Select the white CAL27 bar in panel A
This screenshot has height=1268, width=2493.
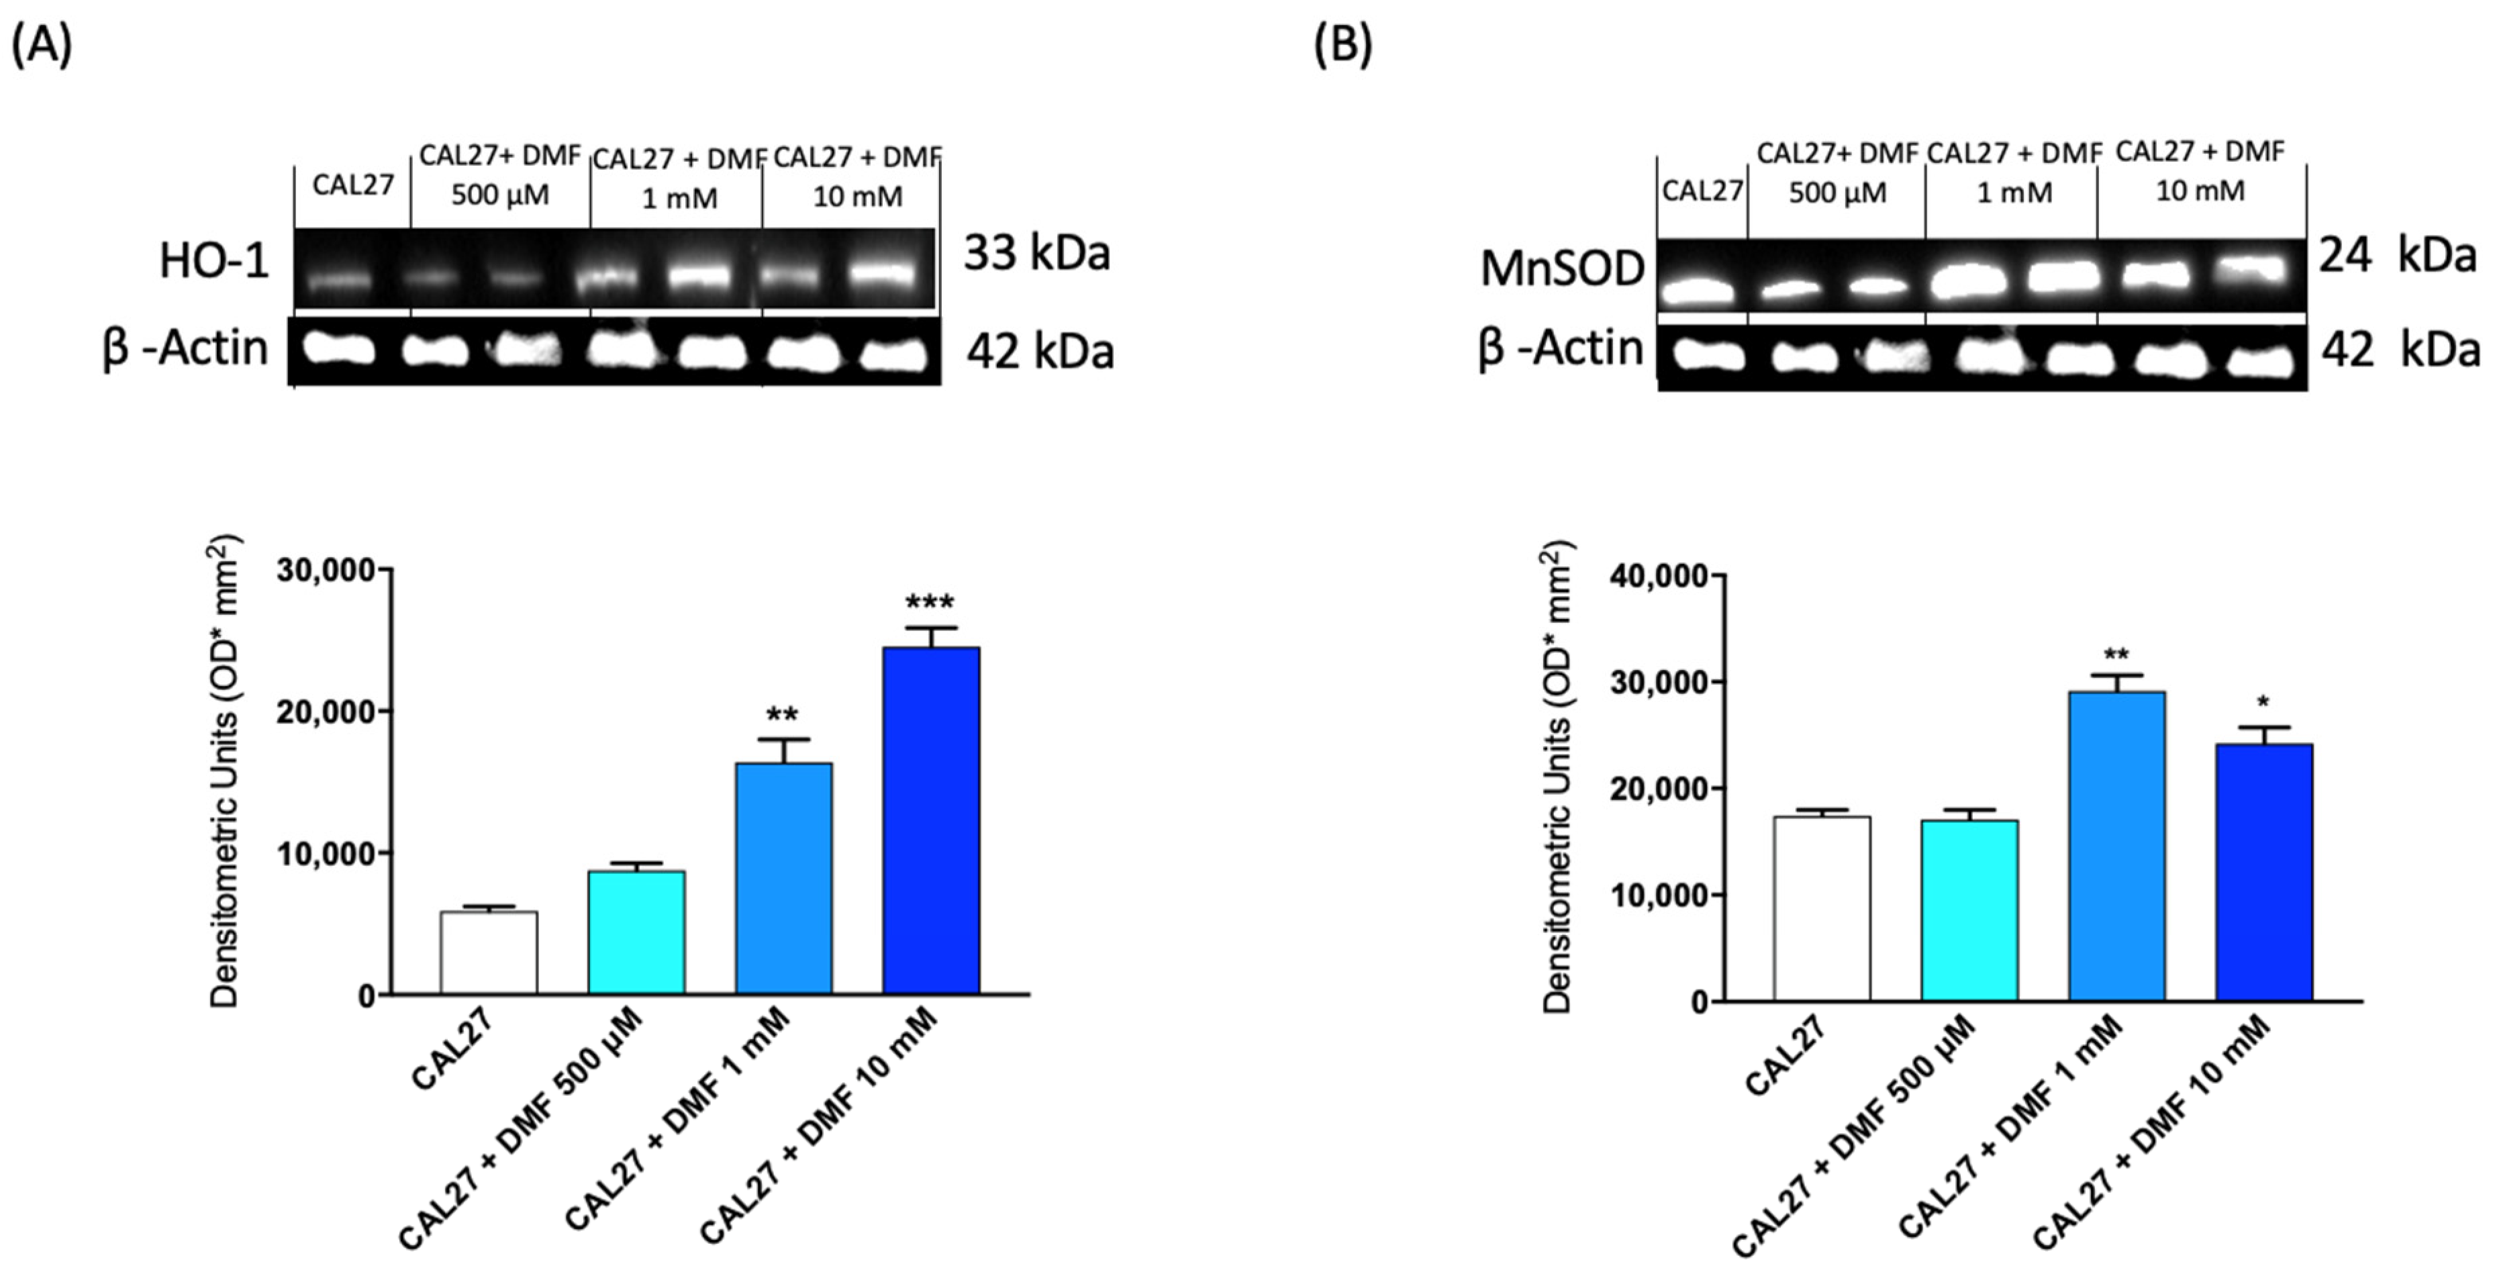[488, 953]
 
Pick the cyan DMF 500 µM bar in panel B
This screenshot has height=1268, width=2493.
[1969, 910]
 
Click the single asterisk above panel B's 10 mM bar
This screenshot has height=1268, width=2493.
[2263, 703]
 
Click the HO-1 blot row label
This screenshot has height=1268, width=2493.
[214, 261]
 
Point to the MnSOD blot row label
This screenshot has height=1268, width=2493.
[1561, 269]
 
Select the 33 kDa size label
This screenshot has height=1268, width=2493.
[1036, 254]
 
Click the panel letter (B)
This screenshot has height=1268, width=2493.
[1342, 46]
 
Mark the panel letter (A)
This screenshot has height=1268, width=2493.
[41, 46]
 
